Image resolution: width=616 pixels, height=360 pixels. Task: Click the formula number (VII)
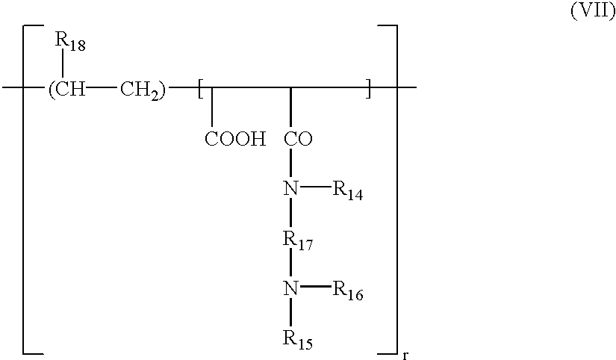click(x=591, y=15)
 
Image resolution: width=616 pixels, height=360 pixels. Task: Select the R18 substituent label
click(x=70, y=44)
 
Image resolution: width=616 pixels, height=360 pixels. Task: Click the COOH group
click(x=235, y=139)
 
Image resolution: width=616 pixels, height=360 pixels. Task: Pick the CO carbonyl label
click(x=299, y=139)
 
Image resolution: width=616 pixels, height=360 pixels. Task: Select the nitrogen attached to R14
click(x=291, y=189)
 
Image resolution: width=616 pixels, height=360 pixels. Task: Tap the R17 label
click(x=296, y=240)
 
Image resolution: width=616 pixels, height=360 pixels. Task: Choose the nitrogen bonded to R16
click(x=291, y=289)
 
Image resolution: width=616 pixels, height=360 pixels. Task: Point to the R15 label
click(x=296, y=341)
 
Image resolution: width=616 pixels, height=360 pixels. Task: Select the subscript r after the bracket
click(x=405, y=356)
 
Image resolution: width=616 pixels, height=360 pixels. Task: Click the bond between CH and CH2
click(x=102, y=89)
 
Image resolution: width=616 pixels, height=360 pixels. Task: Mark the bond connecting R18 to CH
click(x=63, y=66)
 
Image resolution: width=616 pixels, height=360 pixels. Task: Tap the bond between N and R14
click(x=314, y=188)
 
